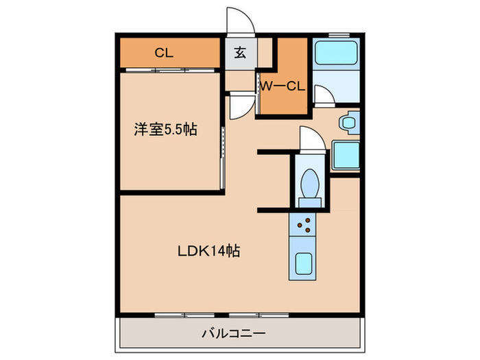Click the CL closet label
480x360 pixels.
pyautogui.click(x=163, y=52)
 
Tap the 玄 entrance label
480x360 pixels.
pyautogui.click(x=242, y=52)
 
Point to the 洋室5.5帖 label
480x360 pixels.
pyautogui.click(x=165, y=129)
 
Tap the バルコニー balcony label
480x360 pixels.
pyautogui.click(x=234, y=334)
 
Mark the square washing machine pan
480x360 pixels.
pyautogui.click(x=345, y=154)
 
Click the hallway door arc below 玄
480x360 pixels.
pyautogui.click(x=240, y=107)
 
